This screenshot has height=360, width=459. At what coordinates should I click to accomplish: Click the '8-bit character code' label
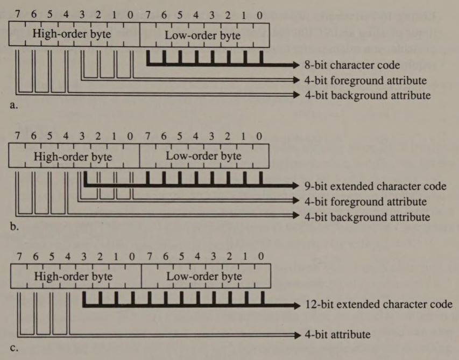(x=352, y=65)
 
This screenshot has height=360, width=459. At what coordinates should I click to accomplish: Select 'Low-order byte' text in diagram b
(x=203, y=156)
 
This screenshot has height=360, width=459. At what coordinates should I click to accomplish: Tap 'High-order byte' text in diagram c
(x=74, y=277)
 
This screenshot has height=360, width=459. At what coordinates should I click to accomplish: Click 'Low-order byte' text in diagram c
(x=204, y=277)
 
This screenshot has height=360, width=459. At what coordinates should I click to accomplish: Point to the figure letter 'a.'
(x=14, y=105)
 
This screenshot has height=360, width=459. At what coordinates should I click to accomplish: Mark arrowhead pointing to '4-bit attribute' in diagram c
(x=295, y=335)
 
